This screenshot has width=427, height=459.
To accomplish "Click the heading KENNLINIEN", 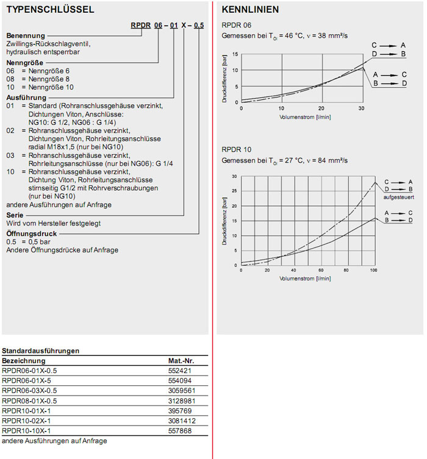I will coord(251,10).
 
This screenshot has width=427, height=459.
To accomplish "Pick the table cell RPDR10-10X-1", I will coord(26,430).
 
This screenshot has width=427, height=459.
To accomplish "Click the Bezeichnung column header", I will coord(24,361).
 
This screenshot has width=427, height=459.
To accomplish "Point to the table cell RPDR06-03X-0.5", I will coord(29,390).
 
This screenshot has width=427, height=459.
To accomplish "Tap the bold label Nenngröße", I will coord(25,63).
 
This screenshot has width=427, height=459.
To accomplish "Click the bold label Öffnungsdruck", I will coord(32,233).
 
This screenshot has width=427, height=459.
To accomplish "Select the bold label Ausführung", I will coord(26,97).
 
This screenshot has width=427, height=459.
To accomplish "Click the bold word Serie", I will coord(15,215).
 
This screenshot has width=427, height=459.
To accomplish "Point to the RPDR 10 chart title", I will coord(236,149).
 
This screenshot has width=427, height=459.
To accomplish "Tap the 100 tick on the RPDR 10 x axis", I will coord(373,270).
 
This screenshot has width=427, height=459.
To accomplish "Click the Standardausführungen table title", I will coord(41,351).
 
